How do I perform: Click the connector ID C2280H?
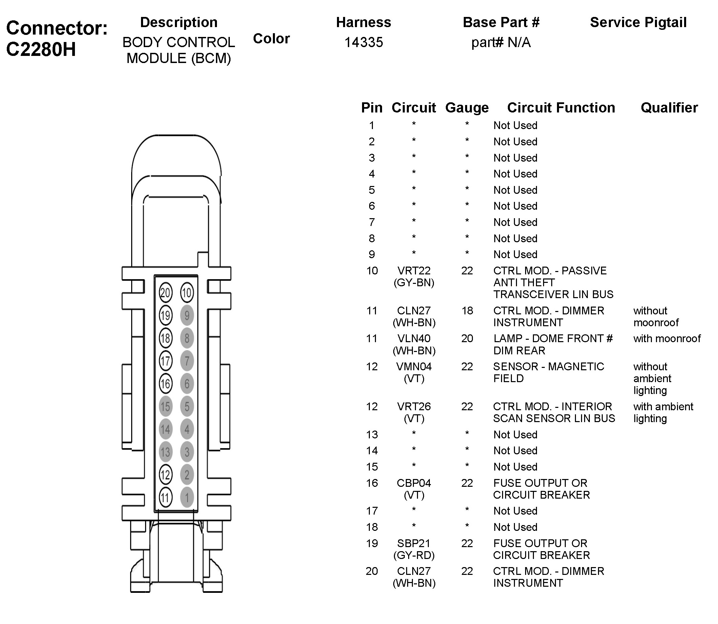point(41,49)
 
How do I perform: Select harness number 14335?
point(363,42)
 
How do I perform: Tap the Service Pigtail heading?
point(638,22)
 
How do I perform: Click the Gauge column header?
point(466,108)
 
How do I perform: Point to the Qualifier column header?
point(669,108)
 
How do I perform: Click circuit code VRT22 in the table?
point(414,271)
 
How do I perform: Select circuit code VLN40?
point(414,338)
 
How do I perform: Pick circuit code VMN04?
point(414,366)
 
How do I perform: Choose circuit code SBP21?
point(414,543)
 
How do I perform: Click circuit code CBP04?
point(414,483)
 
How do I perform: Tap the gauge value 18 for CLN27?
point(467,311)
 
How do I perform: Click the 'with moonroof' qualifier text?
point(667,338)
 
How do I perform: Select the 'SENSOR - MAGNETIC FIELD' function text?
point(549,372)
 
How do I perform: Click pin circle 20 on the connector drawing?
point(165,292)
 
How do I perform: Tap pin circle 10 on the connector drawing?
point(187,292)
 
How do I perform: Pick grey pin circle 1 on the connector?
point(187,498)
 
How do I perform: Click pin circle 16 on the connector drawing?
point(165,384)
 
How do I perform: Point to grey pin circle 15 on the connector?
point(165,407)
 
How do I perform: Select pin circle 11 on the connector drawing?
point(165,498)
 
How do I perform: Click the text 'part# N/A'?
point(501,42)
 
